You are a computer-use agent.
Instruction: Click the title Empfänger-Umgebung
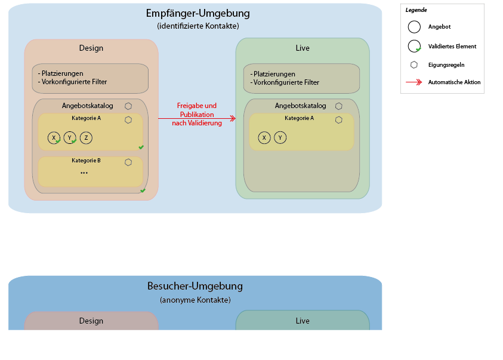point(198,13)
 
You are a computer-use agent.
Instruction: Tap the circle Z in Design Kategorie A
point(86,138)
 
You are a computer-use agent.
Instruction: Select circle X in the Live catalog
point(264,138)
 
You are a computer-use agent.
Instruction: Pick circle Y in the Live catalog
point(280,138)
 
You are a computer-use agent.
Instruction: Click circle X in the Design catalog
point(54,138)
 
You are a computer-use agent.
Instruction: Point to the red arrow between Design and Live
point(197,119)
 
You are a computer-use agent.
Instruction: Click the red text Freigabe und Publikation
point(197,110)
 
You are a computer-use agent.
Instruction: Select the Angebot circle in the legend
point(414,27)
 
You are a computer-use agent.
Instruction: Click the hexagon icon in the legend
point(414,64)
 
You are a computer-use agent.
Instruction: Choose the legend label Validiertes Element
point(452,46)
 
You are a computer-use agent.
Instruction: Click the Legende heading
point(416,10)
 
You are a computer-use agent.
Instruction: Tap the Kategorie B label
point(86,161)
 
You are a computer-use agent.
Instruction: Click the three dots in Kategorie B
point(84,173)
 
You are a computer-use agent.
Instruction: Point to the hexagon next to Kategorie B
point(128,162)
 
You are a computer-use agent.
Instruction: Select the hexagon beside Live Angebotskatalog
point(338,106)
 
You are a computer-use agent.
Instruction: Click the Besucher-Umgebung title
point(195,286)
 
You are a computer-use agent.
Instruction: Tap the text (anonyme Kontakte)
point(195,300)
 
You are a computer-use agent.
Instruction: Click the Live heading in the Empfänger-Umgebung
point(303,48)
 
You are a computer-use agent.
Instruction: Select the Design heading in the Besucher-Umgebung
point(91,321)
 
